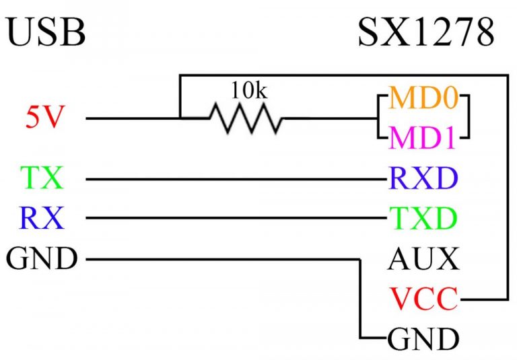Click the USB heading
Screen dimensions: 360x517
click(46, 32)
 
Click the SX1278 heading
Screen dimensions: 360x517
click(425, 32)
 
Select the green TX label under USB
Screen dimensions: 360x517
click(42, 179)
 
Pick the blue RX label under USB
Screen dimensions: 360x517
click(42, 218)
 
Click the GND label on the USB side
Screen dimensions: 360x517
click(42, 258)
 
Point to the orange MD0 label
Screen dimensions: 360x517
click(423, 99)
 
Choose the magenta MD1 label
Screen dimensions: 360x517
click(423, 138)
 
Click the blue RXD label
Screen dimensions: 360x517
click(422, 179)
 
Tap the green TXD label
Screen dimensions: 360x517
click(422, 218)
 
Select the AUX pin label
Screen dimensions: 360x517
click(423, 258)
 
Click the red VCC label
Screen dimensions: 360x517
click(423, 297)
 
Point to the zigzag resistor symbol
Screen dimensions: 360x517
click(246, 119)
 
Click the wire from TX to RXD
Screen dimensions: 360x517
click(236, 180)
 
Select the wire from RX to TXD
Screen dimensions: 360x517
click(236, 218)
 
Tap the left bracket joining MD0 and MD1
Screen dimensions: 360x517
click(380, 118)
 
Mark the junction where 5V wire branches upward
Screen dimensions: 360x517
click(180, 119)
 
